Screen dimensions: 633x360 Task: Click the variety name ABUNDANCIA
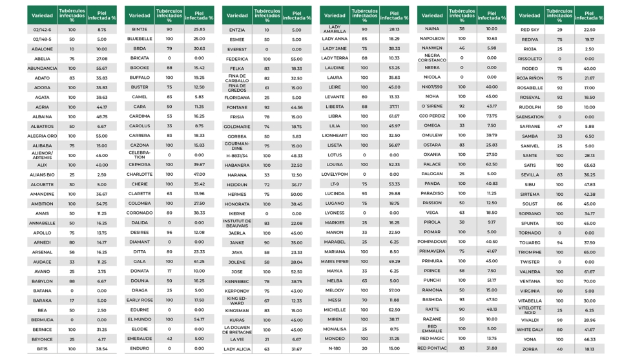[42, 68]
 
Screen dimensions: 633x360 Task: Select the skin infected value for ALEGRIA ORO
[101, 136]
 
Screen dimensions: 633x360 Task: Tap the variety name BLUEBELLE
[140, 39]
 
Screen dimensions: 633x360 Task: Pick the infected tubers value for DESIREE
[169, 232]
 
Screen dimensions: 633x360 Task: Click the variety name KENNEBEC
[237, 281]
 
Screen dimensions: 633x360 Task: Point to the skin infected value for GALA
[199, 262]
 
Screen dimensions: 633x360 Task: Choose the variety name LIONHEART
[335, 136]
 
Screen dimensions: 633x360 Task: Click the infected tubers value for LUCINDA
[364, 193]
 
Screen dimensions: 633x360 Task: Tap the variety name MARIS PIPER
[335, 261]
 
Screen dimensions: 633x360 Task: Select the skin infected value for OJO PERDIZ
[492, 116]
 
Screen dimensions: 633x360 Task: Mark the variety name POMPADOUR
[432, 242]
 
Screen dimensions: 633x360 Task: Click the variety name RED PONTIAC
[432, 348]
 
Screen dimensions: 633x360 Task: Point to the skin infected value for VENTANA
[589, 281]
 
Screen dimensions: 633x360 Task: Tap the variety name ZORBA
[530, 349]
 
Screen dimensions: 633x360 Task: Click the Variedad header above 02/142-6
[42, 15]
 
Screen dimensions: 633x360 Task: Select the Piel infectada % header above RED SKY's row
[589, 15]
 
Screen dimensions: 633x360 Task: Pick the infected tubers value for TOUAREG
[559, 242]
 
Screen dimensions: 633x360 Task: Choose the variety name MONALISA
[335, 328]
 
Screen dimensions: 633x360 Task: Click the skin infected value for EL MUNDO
[199, 319]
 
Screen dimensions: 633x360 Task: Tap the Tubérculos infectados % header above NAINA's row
[462, 15]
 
